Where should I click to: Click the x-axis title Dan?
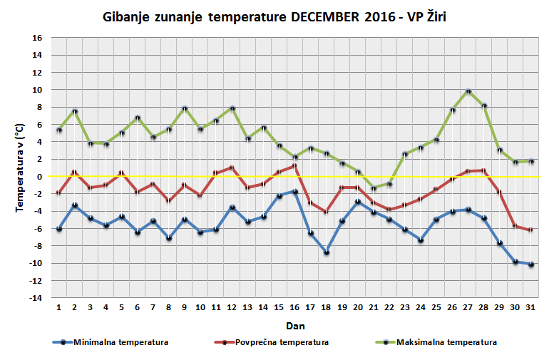click(294, 325)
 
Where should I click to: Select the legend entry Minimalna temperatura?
click(120, 342)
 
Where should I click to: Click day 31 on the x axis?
click(530, 307)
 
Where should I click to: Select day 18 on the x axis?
click(327, 307)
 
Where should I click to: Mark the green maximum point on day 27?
click(468, 91)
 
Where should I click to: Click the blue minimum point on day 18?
click(327, 252)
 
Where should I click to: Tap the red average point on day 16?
click(295, 166)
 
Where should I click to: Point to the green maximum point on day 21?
click(374, 188)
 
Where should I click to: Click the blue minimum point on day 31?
click(530, 264)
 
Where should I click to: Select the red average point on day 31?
click(530, 230)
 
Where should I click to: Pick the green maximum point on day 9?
click(185, 108)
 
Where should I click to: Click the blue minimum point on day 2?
click(75, 205)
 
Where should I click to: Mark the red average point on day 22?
click(389, 210)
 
